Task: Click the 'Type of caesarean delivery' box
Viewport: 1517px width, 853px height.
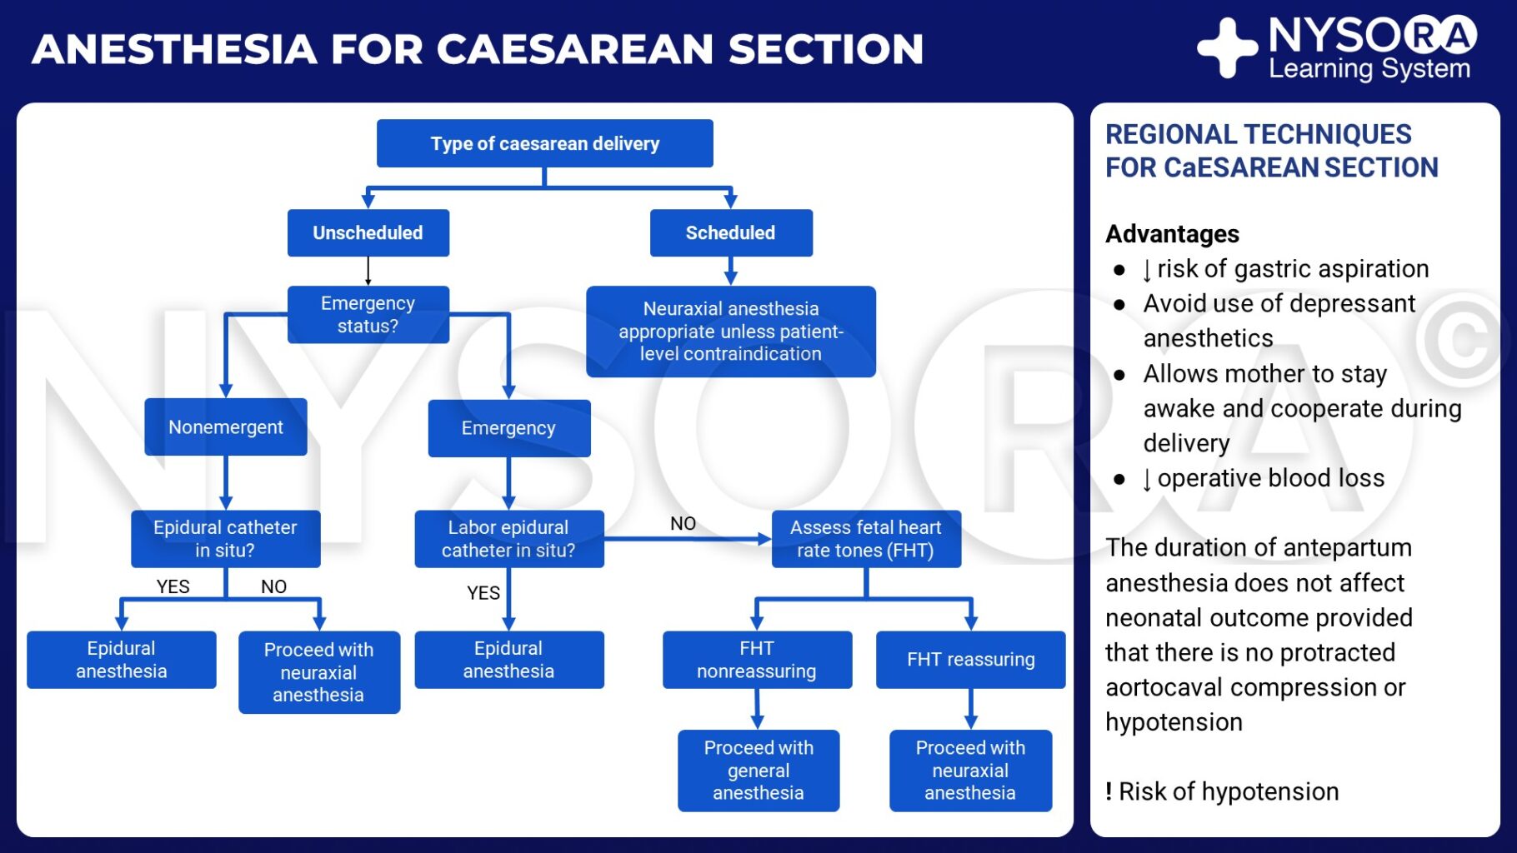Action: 544,143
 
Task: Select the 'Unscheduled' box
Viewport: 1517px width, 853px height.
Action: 368,232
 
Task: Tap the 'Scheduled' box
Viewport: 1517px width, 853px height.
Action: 730,232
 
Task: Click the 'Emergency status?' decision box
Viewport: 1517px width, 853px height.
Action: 368,314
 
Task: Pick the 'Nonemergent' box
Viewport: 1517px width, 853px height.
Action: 225,426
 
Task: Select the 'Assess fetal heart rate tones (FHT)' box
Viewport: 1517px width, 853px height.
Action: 865,539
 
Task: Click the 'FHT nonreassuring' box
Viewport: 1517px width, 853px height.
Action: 756,659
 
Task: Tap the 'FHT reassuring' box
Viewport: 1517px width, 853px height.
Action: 970,659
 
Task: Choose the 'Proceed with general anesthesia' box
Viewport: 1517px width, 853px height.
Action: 758,770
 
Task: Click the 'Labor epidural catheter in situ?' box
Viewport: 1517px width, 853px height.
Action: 508,539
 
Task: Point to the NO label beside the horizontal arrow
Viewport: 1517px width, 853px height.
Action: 683,523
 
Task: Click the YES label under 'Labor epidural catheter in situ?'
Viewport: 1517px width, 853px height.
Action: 483,593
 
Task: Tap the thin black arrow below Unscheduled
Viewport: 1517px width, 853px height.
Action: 368,272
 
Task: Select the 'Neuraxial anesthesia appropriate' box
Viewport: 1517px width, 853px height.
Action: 730,331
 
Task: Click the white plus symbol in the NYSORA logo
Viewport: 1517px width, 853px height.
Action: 1227,47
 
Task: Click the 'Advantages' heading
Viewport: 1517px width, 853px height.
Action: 1172,234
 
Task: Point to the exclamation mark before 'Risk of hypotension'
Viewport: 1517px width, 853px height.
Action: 1109,791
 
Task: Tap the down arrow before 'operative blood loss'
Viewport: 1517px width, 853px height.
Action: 1147,479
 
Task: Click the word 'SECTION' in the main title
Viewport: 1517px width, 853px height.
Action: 825,48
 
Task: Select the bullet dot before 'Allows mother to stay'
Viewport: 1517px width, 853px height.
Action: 1119,375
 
